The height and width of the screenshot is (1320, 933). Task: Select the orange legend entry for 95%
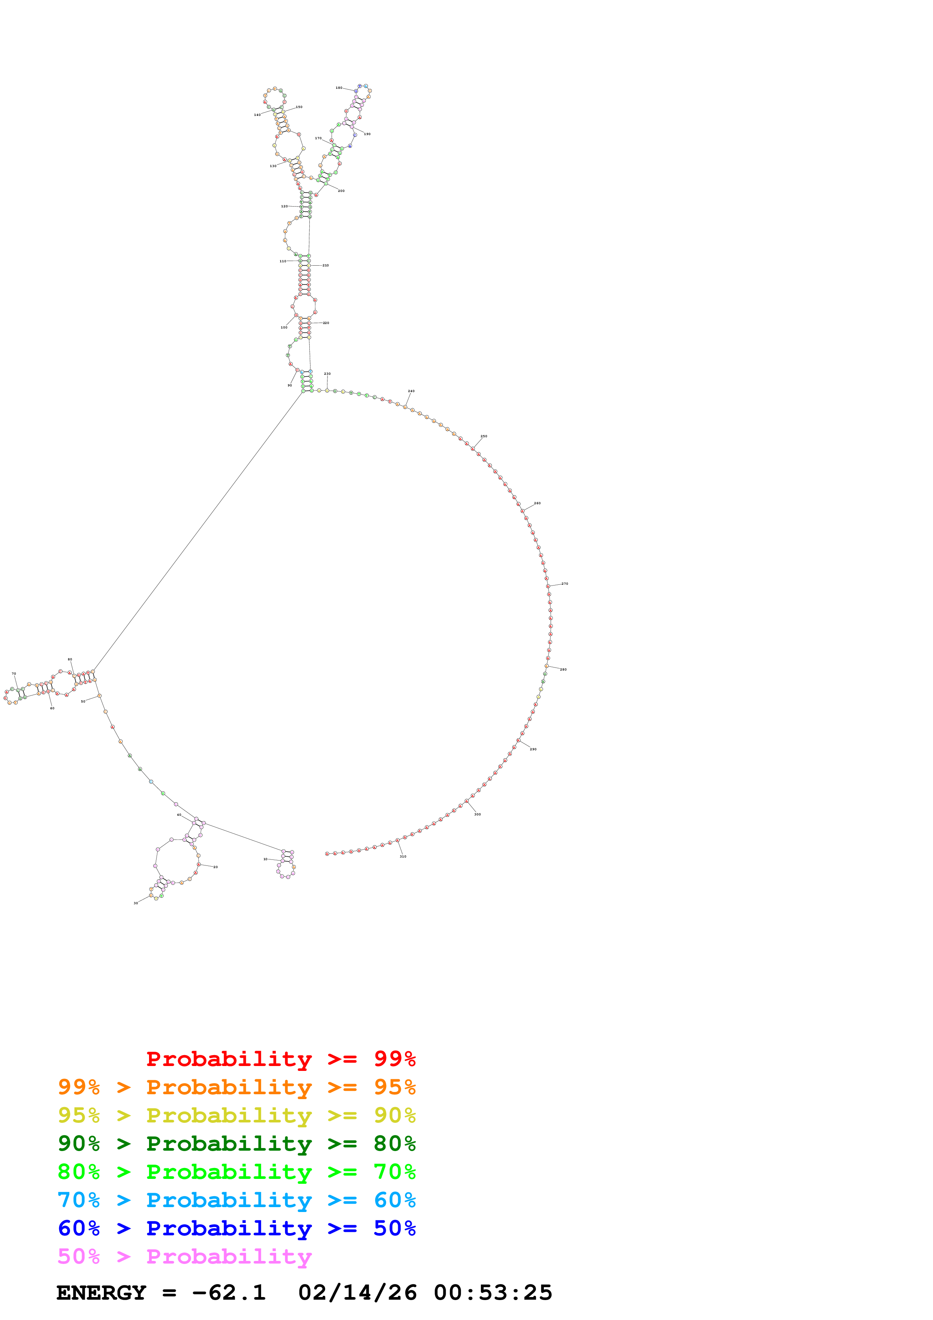tap(236, 1087)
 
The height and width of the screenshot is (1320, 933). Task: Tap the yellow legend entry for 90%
tap(236, 1115)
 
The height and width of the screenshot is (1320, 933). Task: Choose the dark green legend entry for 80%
tap(236, 1144)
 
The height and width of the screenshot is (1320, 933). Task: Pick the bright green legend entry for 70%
tap(236, 1172)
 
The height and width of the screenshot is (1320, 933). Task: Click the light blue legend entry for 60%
tap(236, 1200)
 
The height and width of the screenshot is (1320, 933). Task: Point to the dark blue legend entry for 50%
tap(236, 1228)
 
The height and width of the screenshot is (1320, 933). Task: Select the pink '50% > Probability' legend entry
tap(184, 1256)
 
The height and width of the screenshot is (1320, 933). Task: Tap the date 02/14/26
tap(357, 1293)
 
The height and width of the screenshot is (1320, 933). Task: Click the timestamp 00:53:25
tap(493, 1293)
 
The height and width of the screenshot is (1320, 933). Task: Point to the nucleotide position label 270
tap(565, 584)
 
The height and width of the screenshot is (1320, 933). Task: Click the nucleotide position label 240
tap(411, 391)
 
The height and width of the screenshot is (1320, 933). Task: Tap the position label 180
tap(339, 88)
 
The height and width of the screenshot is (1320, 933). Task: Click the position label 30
tap(135, 903)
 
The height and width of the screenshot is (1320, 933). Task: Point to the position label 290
tap(533, 749)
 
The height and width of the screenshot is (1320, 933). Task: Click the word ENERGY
tap(101, 1293)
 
